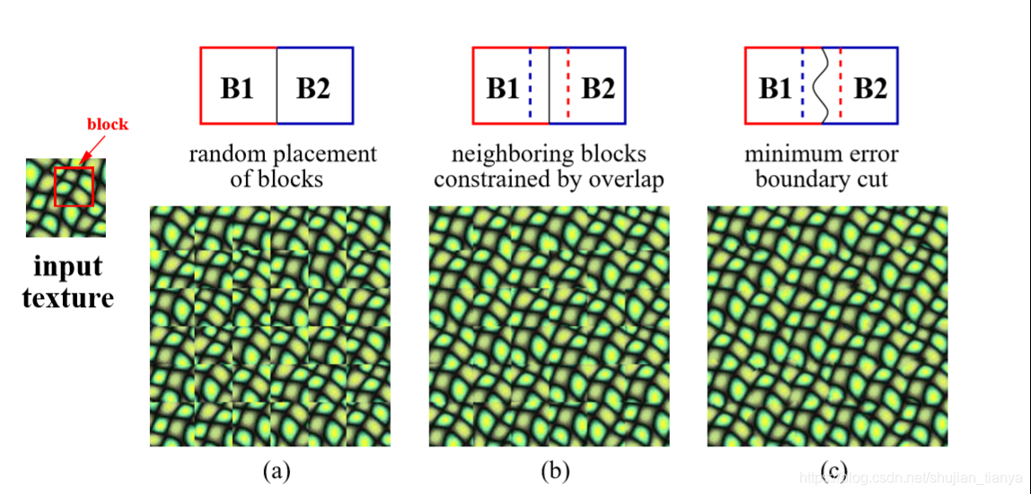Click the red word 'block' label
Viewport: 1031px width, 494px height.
(107, 125)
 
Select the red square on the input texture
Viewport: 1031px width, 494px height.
(74, 186)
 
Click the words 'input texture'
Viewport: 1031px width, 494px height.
(67, 281)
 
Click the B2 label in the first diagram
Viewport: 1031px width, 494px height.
(313, 89)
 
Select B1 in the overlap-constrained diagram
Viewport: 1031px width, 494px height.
(503, 89)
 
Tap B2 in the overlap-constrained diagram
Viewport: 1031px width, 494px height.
(598, 89)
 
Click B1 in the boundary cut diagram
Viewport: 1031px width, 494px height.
(776, 89)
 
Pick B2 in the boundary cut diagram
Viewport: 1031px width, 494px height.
(870, 89)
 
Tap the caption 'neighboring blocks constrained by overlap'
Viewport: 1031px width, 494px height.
(549, 166)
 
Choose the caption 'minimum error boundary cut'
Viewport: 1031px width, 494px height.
(821, 166)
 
